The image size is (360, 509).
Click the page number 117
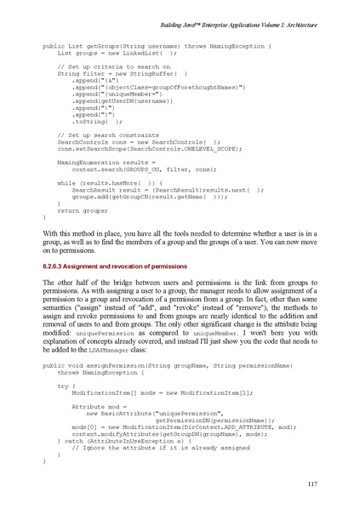click(311, 484)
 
